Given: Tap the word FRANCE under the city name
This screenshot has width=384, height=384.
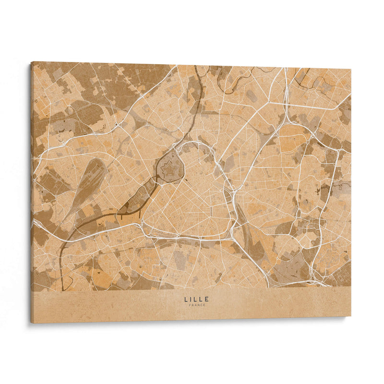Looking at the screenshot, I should point(196,306).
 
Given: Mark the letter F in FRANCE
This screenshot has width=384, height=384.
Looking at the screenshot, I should point(190,306).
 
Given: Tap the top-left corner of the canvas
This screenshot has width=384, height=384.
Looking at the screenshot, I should point(32,62).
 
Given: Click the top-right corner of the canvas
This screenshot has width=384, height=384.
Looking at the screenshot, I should point(351,69).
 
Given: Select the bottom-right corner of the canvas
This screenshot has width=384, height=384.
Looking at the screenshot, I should point(351,315).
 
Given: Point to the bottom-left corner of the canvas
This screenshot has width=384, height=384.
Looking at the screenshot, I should point(32,323).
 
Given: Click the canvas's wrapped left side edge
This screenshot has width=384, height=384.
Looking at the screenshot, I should point(30,192).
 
